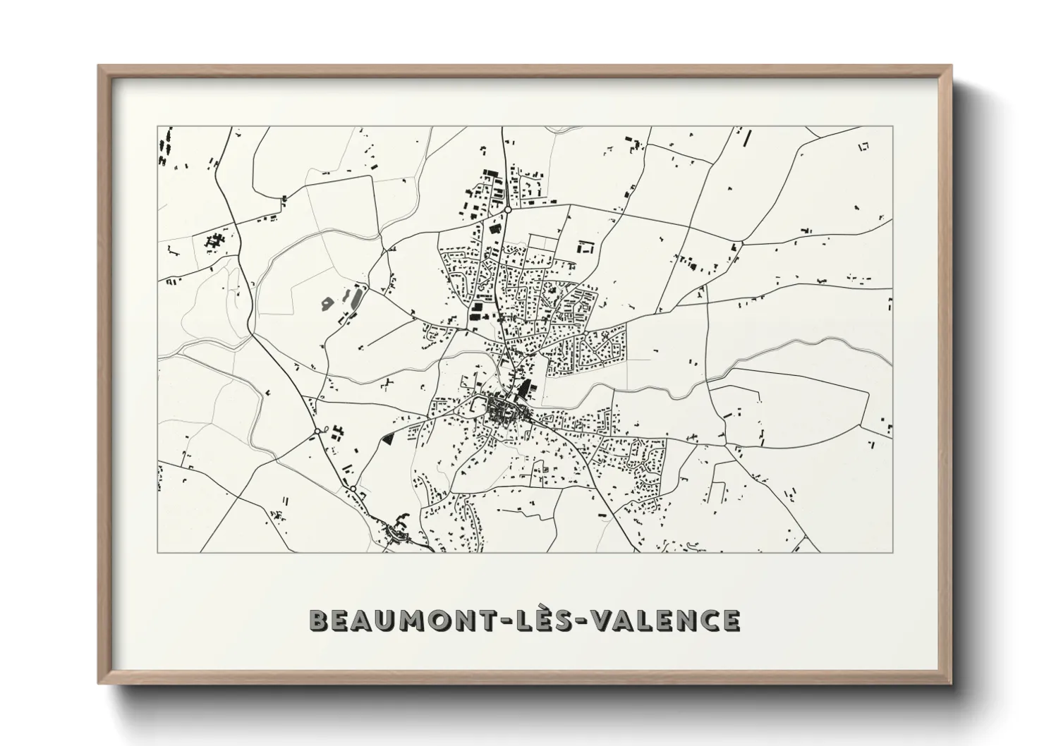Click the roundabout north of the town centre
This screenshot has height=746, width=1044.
507,209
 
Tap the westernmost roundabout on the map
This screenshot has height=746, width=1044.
317,430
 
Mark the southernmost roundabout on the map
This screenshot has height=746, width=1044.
352,488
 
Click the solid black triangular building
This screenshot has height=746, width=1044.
387,437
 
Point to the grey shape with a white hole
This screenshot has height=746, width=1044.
327,303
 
